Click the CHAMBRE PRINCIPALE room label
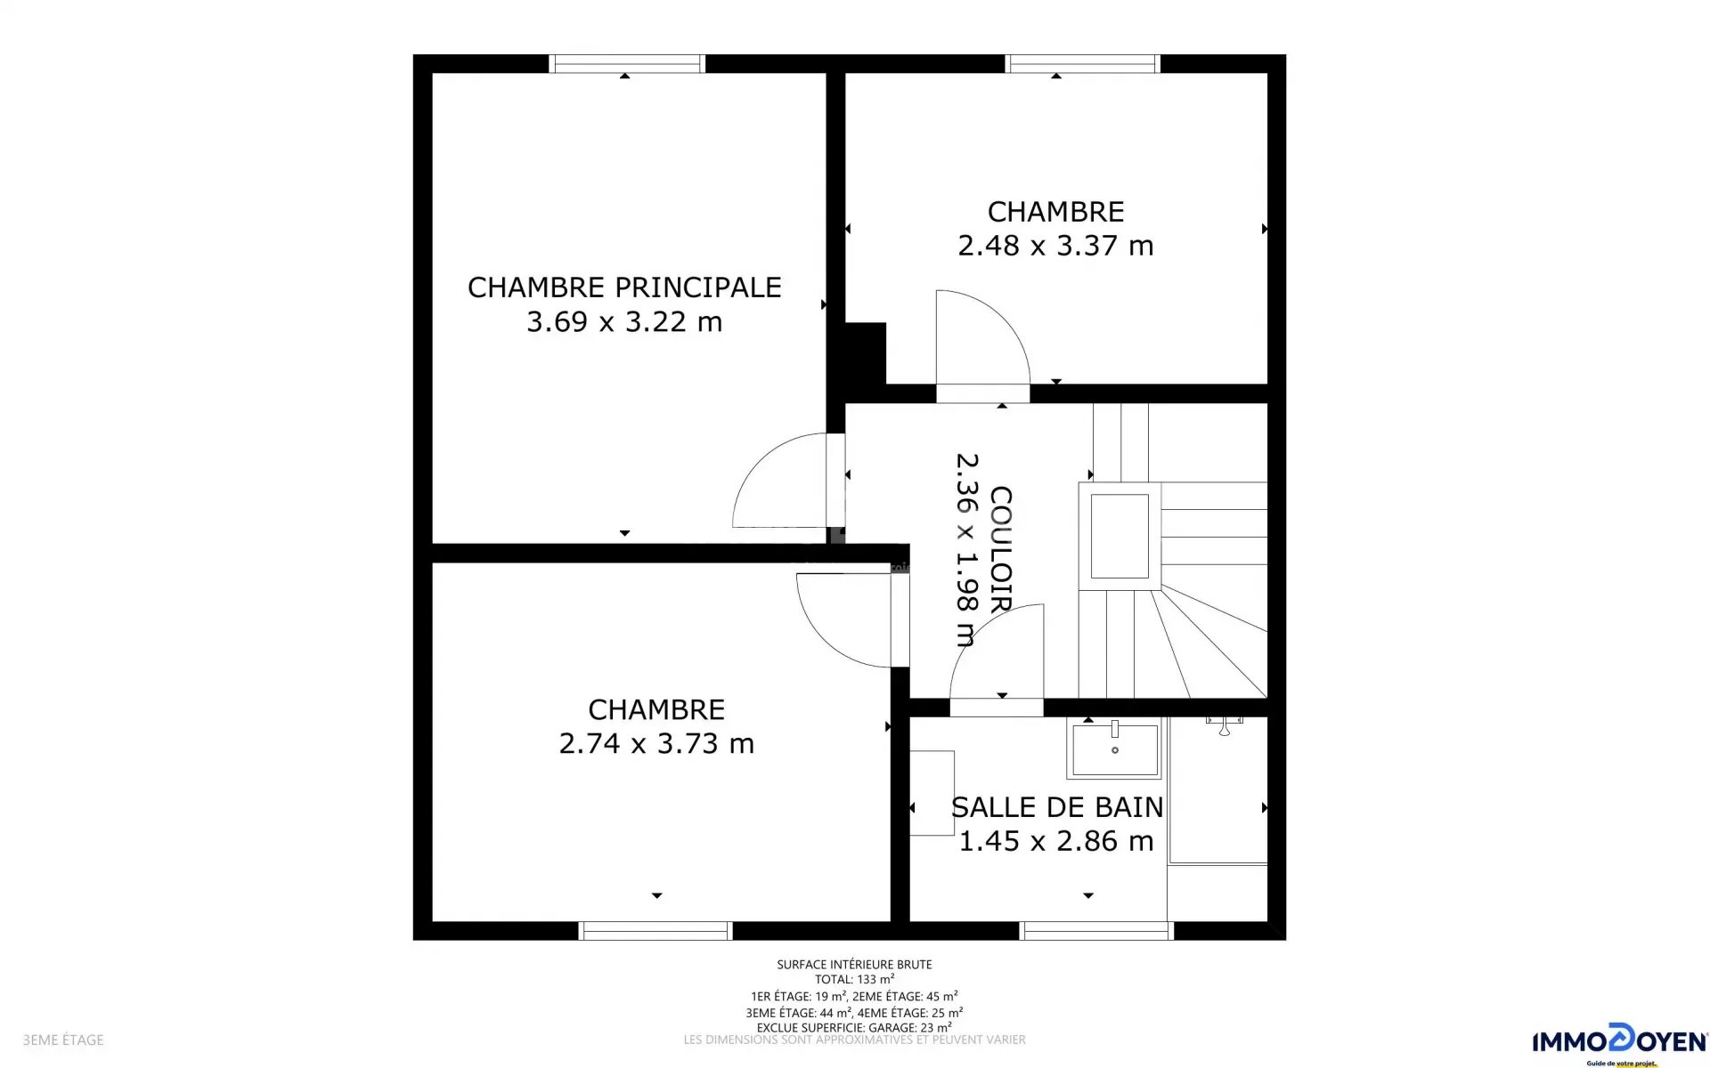[x=624, y=287]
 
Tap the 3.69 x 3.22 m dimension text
[x=624, y=321]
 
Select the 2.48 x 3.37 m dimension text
[x=1055, y=246]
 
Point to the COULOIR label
[x=1001, y=549]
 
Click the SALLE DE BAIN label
[x=1057, y=807]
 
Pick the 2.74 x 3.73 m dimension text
[x=656, y=743]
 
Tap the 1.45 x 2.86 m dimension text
[x=1056, y=841]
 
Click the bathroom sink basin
[x=1115, y=749]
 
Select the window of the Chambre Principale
[x=626, y=63]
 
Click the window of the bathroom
[x=1096, y=931]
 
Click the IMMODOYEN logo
[x=1619, y=1043]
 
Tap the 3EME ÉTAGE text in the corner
[x=63, y=1040]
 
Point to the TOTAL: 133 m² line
[x=854, y=980]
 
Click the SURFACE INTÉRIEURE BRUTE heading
[x=854, y=964]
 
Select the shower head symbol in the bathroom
[x=1225, y=725]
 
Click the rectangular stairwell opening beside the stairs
[x=1120, y=536]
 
